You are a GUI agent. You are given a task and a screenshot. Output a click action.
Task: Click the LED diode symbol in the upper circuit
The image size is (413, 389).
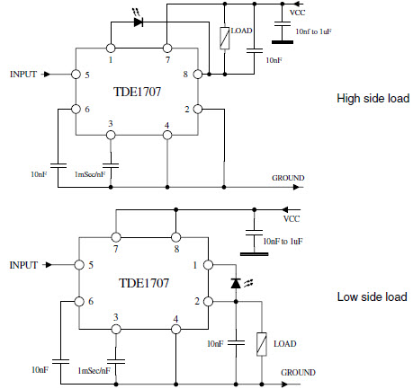[x=138, y=22]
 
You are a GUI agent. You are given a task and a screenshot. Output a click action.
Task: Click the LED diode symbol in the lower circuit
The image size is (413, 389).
[x=236, y=283]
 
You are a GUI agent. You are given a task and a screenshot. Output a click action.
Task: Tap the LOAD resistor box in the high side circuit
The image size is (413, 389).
[x=225, y=38]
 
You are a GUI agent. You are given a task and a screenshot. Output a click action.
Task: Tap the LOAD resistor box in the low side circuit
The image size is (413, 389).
[x=262, y=344]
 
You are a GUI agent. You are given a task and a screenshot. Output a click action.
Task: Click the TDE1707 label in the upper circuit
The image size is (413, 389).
[x=138, y=92]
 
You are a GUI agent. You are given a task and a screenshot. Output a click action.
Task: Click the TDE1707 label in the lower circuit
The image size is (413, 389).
[x=144, y=283]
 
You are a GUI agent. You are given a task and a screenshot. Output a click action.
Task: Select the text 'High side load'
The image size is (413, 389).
[x=373, y=98]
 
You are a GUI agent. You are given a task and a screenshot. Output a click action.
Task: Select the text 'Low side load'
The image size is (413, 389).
[x=372, y=296]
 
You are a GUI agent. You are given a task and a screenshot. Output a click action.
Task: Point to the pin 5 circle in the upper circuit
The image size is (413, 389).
[x=76, y=74]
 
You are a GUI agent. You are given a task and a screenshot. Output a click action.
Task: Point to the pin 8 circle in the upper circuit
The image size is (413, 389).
[x=198, y=74]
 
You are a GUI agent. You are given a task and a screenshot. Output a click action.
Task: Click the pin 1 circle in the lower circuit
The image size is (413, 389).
[x=208, y=265]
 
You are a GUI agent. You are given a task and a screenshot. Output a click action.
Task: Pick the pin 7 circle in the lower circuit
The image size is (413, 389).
[x=116, y=237]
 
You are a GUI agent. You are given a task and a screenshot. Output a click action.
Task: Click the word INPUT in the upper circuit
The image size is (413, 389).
[x=23, y=74]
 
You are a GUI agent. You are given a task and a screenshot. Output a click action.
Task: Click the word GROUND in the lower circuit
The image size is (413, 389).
[x=298, y=373]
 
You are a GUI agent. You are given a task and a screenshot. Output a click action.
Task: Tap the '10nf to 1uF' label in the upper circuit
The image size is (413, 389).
[x=313, y=31]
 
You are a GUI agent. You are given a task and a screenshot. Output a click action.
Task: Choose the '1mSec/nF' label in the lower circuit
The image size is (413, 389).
[x=94, y=371]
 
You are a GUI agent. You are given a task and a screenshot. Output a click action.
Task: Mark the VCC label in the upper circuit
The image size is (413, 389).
[x=297, y=13]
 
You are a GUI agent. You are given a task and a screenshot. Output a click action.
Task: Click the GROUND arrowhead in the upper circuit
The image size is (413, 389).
[x=296, y=187]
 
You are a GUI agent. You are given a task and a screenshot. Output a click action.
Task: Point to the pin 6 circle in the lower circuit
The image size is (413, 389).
[x=79, y=301]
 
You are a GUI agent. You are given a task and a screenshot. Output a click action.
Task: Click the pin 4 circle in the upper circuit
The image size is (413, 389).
[x=167, y=136]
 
